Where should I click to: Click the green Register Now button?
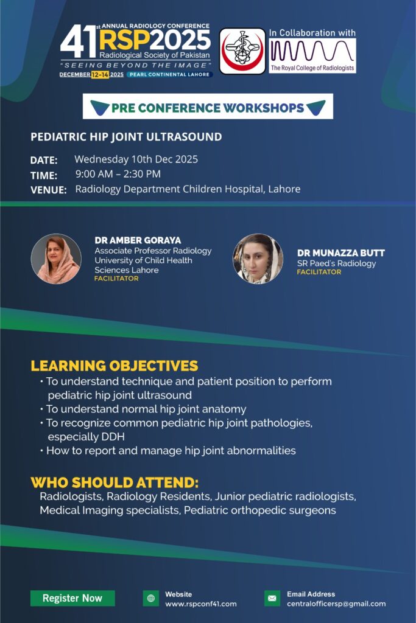(x=72, y=598)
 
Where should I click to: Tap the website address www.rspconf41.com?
(x=201, y=604)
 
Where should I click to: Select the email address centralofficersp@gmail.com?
(x=336, y=604)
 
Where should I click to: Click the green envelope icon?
(x=272, y=599)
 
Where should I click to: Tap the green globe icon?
(x=150, y=599)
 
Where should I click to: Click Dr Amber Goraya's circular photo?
(x=56, y=259)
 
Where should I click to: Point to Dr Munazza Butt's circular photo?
(x=258, y=259)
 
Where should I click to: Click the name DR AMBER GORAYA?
(x=138, y=240)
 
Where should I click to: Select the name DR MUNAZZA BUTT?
(x=341, y=253)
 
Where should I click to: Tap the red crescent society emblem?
(x=242, y=51)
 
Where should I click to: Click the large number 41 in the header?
(x=79, y=41)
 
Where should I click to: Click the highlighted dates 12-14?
(x=100, y=75)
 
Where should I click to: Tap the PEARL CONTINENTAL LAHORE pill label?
(x=170, y=74)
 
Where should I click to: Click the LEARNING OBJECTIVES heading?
(x=115, y=366)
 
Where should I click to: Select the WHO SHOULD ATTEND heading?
(x=115, y=482)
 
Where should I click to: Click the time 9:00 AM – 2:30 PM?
(x=118, y=174)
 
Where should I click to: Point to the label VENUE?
(x=49, y=190)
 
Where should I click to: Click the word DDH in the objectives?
(x=113, y=437)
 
